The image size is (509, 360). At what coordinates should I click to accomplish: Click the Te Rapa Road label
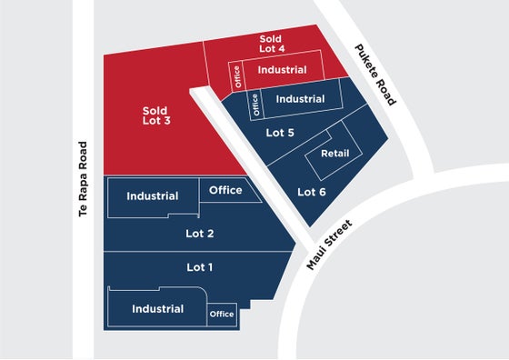[83, 179]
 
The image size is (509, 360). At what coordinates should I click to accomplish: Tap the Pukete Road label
[375, 75]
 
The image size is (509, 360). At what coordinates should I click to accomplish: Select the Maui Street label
[329, 245]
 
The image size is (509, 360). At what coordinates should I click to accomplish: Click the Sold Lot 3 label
[156, 115]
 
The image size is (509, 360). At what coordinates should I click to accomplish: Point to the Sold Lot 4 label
[272, 44]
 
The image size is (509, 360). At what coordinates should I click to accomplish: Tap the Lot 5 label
[280, 133]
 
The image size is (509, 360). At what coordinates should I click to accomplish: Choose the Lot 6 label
[312, 192]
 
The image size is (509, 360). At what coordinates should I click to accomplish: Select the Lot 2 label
[200, 234]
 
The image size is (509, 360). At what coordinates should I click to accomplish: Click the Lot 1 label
[200, 267]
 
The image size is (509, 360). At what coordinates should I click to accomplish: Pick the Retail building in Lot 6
[334, 151]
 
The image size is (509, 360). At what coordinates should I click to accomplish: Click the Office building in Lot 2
[230, 190]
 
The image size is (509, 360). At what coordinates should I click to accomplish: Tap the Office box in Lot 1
[222, 315]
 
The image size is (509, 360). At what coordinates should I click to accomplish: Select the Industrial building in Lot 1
[158, 306]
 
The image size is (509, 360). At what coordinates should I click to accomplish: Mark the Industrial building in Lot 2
[153, 197]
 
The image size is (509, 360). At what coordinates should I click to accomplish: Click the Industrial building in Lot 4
[283, 69]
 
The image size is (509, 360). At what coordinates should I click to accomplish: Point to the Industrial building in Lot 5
[301, 99]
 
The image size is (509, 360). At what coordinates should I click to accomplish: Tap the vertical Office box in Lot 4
[237, 76]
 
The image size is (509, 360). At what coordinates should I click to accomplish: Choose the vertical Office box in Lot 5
[255, 105]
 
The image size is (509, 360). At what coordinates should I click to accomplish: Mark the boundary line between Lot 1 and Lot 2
[199, 251]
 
